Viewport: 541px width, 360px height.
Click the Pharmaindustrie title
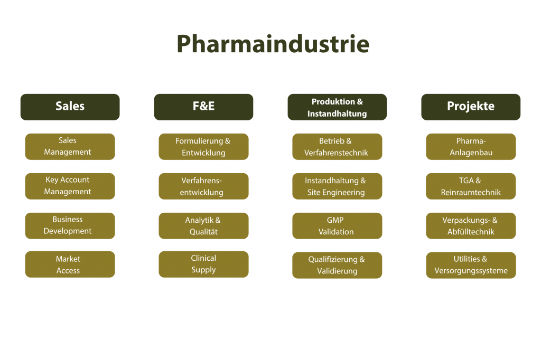click(x=273, y=44)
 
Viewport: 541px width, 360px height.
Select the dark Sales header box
click(x=70, y=107)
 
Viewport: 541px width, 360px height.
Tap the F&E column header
click(x=203, y=107)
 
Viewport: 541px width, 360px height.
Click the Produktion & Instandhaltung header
click(x=337, y=107)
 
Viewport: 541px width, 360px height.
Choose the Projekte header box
click(x=471, y=107)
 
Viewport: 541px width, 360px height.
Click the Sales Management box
click(x=70, y=146)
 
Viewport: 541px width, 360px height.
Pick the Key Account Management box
click(x=70, y=186)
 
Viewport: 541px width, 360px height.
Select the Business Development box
click(x=70, y=225)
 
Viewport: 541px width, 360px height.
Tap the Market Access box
click(x=70, y=264)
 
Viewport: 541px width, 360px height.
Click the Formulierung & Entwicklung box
click(x=203, y=147)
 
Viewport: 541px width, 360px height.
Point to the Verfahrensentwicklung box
click(x=203, y=186)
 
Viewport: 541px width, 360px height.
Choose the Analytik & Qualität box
click(x=203, y=226)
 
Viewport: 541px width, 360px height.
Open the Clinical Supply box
click(x=203, y=264)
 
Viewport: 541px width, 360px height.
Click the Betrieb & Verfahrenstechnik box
click(x=337, y=147)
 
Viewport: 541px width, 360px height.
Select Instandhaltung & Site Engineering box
click(x=337, y=186)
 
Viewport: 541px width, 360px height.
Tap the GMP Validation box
click(x=337, y=226)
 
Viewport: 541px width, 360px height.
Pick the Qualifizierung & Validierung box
click(x=337, y=265)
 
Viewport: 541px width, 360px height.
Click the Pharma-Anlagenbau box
click(x=471, y=147)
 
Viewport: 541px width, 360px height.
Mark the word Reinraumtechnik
click(x=471, y=193)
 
